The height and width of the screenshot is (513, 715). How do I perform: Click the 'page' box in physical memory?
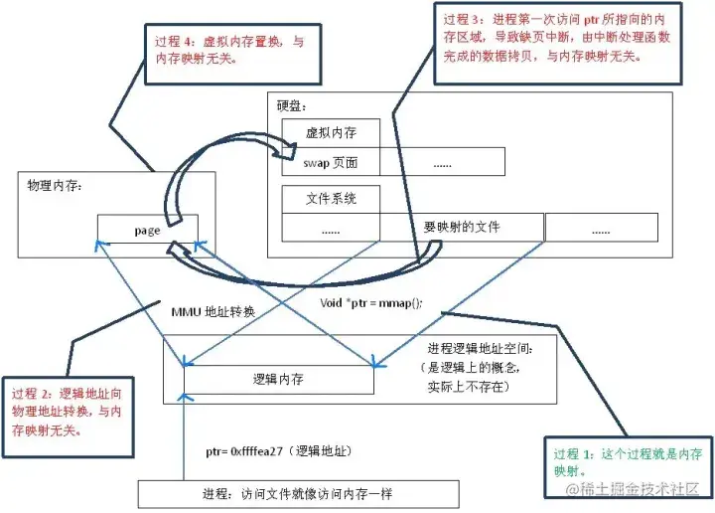[147, 230]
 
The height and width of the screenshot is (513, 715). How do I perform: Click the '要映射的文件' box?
[462, 228]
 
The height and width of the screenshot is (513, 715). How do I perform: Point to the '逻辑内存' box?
[279, 379]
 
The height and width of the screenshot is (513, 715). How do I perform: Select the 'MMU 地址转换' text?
[214, 311]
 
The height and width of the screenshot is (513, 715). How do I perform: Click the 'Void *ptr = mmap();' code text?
[371, 301]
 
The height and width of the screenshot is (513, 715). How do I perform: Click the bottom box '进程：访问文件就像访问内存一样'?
[299, 494]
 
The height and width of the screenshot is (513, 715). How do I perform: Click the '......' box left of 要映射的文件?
[331, 228]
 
